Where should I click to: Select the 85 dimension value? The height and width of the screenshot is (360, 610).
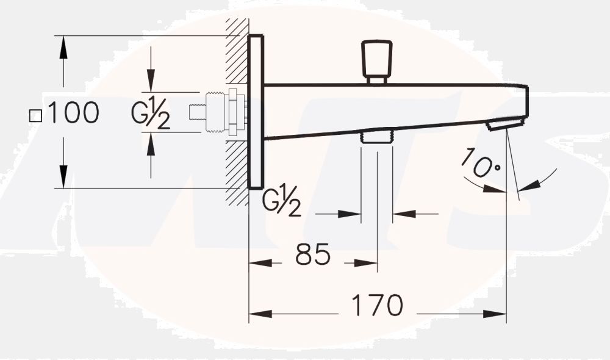(x=313, y=254)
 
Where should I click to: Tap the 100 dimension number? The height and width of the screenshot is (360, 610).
(x=73, y=112)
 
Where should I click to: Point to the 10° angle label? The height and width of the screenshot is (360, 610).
(x=481, y=164)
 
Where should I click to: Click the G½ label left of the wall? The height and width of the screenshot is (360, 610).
(x=151, y=113)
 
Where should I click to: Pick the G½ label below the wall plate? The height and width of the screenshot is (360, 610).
(x=282, y=200)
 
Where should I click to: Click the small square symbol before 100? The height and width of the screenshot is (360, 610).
(x=36, y=116)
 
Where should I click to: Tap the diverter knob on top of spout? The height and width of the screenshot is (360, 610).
(x=376, y=62)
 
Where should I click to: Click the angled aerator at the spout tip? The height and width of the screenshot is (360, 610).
(x=504, y=124)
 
